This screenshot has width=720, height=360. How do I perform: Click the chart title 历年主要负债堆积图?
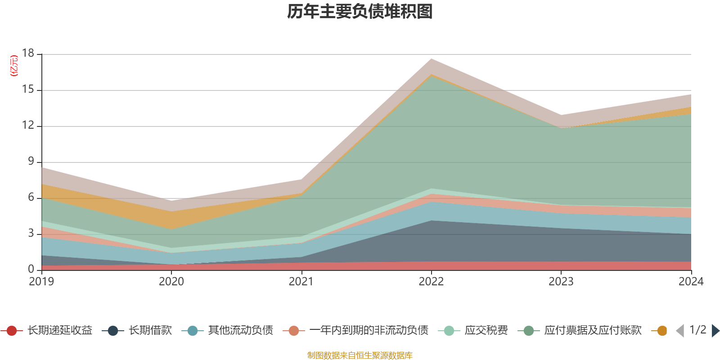click(360, 12)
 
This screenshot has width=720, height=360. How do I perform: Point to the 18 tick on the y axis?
click(28, 54)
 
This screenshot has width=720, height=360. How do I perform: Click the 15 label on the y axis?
click(28, 90)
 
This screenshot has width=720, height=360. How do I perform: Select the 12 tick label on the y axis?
click(28, 126)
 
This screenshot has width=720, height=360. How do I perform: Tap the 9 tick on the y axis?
click(31, 162)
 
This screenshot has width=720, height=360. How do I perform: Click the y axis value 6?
click(31, 198)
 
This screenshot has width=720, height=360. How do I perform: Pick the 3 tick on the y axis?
click(31, 234)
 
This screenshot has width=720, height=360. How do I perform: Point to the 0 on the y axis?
click(31, 269)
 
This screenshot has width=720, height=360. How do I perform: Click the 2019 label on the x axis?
click(41, 282)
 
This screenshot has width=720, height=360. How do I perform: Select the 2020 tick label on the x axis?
click(171, 282)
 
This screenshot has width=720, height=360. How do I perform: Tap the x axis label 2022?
click(431, 282)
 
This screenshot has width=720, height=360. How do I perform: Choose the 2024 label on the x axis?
click(691, 282)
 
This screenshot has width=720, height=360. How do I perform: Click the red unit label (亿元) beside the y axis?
click(14, 66)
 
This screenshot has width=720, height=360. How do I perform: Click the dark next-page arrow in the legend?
click(715, 331)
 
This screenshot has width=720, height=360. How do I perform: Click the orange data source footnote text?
click(360, 355)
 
